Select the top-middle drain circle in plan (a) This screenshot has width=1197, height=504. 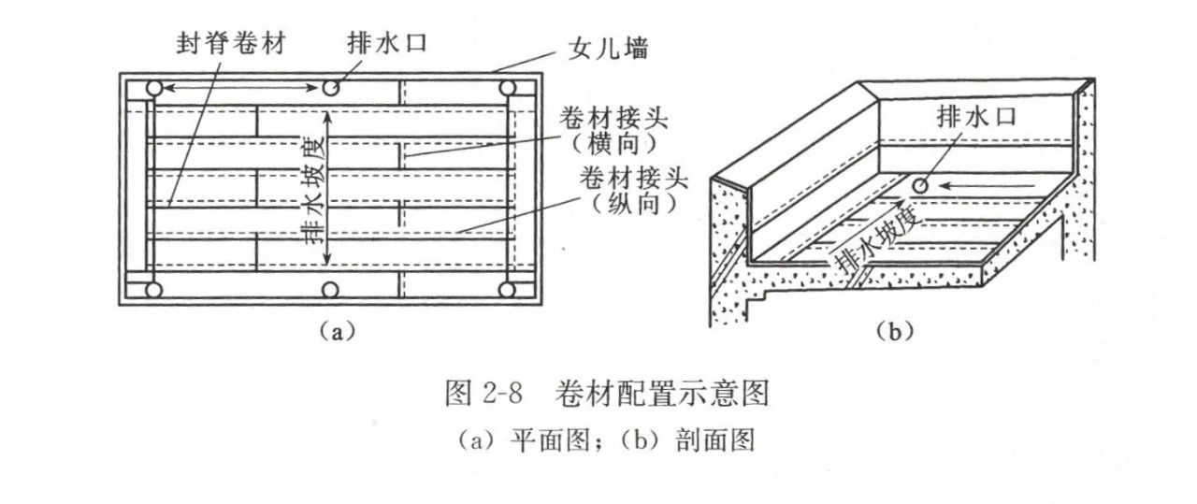click(330, 88)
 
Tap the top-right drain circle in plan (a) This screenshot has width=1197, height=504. click(508, 89)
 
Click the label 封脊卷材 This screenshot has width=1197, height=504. click(226, 44)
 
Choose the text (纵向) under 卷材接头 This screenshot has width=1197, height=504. click(627, 202)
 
